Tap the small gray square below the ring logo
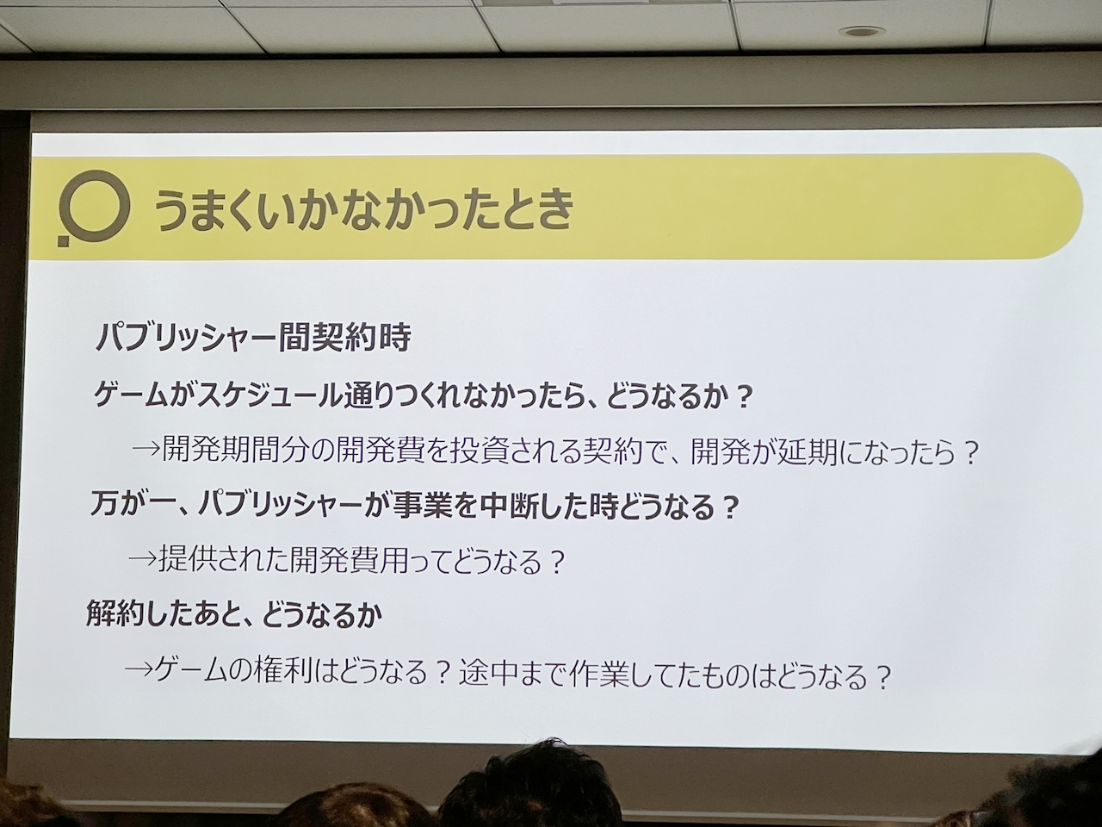(x=63, y=241)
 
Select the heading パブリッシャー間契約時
(x=253, y=338)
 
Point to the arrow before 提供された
(x=143, y=560)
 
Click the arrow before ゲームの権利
(x=139, y=668)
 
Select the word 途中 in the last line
(x=488, y=673)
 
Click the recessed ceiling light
(x=862, y=32)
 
